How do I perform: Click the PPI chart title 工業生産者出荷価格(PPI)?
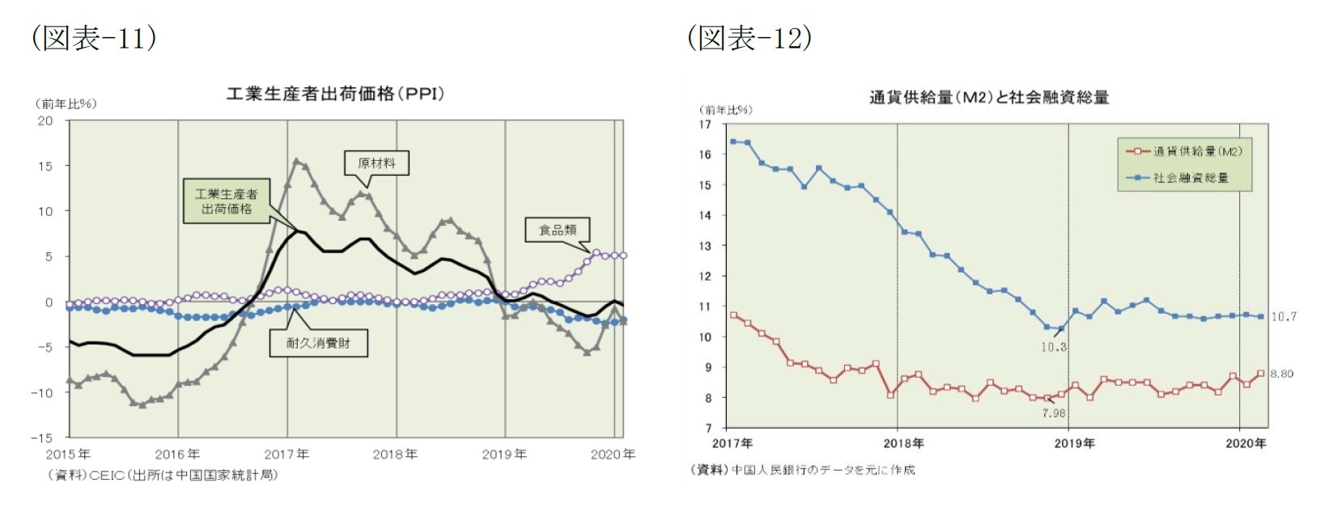335,94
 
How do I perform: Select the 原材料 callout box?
376,163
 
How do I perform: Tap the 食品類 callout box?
557,231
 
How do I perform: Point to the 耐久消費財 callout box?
318,343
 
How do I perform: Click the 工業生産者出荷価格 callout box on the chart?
226,201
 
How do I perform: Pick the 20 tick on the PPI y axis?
45,121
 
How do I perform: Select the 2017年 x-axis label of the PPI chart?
287,455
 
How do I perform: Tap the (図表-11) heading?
93,38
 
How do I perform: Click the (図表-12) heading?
749,38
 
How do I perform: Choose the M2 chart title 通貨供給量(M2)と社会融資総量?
988,98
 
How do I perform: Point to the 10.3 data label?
1053,347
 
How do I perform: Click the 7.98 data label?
1053,413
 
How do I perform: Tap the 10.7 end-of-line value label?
1283,316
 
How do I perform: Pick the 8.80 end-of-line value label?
1281,374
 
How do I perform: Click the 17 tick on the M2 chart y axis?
705,125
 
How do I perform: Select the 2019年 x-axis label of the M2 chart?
1074,443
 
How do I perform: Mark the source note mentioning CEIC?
162,475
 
